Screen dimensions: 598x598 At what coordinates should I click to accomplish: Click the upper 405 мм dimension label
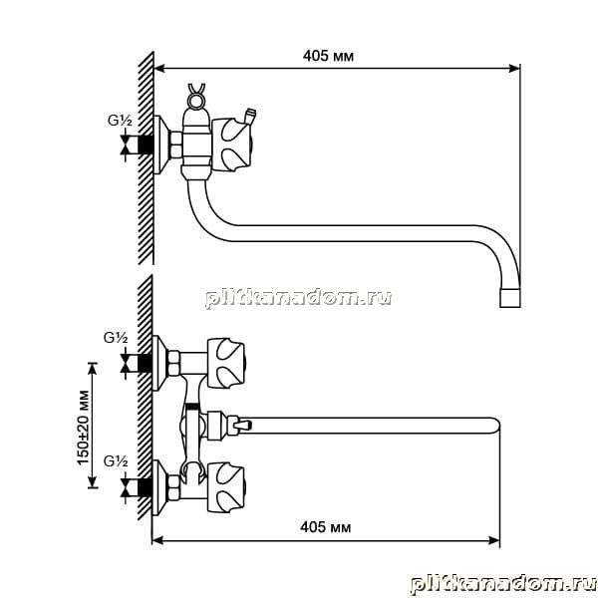pos(328,56)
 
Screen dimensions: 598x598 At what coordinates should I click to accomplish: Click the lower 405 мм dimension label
pos(325,527)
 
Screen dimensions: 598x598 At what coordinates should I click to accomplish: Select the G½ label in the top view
pos(120,121)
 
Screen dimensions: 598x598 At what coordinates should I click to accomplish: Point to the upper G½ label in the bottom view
pos(116,338)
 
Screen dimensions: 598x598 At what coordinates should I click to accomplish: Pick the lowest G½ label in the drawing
pos(116,461)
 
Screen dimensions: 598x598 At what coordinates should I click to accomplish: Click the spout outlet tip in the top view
pos(510,298)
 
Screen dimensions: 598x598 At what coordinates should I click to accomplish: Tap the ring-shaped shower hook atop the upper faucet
pos(196,99)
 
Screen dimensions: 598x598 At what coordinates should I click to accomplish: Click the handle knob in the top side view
pos(232,144)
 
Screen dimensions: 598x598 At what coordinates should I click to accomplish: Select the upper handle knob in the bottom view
pos(225,363)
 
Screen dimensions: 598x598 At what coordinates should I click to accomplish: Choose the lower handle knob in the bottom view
pos(225,487)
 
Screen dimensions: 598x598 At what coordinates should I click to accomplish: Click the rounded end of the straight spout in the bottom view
pos(495,426)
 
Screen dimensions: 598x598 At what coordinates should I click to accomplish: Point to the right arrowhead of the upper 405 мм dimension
pos(515,69)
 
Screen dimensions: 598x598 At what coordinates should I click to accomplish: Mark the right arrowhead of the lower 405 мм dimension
pos(494,540)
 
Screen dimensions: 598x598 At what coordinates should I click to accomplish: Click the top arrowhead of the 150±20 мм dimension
pos(93,367)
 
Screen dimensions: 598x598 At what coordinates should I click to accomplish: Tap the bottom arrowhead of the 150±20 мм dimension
pos(93,482)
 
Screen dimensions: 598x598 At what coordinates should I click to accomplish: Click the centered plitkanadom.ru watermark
pos(299,298)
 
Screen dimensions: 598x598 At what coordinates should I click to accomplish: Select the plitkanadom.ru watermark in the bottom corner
pos(503,583)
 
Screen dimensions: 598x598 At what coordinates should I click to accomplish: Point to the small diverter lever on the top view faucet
pos(250,117)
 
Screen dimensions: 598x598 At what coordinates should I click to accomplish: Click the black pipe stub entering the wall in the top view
pos(146,145)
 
